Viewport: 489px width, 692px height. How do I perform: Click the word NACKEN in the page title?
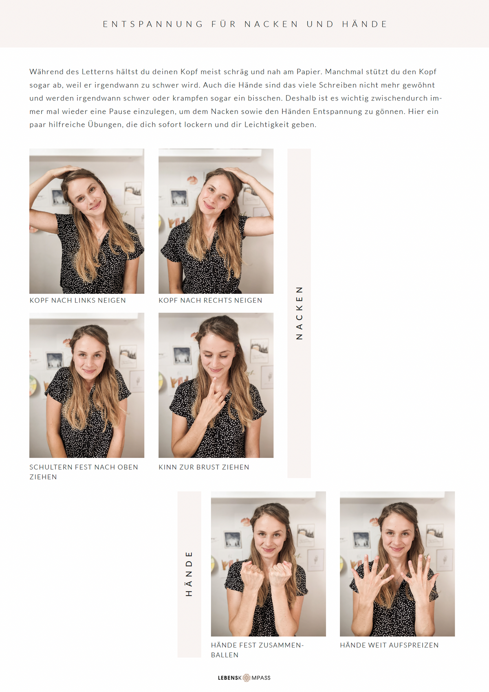(271, 24)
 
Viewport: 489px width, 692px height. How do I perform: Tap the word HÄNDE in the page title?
(364, 24)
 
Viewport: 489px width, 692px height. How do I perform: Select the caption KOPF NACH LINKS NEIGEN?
(78, 300)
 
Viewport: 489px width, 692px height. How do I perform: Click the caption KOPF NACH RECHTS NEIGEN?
(210, 300)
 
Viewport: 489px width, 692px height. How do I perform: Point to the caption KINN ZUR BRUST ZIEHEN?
(204, 467)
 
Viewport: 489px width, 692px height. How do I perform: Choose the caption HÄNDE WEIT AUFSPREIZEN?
(389, 645)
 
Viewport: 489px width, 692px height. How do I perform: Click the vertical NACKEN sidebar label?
(299, 313)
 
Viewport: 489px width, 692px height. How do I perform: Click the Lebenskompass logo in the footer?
(244, 678)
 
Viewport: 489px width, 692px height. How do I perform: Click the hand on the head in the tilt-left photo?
(63, 171)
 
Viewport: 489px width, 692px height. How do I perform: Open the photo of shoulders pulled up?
(87, 385)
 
